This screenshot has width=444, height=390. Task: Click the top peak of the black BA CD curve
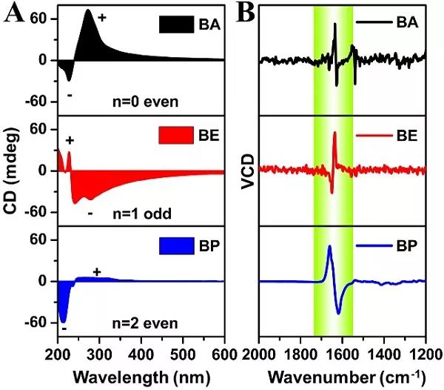tap(88, 10)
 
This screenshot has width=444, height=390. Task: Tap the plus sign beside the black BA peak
tap(101, 16)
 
